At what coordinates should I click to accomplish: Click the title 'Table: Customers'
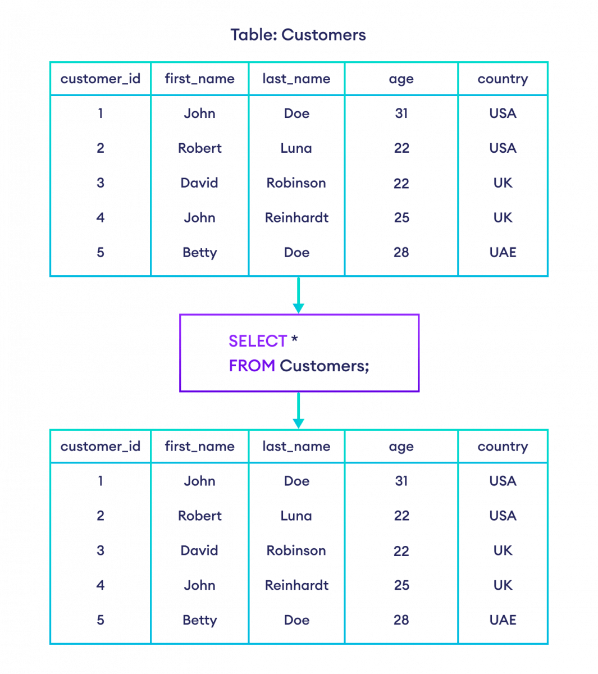coord(298,35)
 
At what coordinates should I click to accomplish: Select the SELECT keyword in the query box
coord(258,341)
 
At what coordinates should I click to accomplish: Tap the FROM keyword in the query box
coord(252,366)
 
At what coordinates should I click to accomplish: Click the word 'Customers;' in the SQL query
coord(325,366)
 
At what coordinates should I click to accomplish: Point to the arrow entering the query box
coord(299,295)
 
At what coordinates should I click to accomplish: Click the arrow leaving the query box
coord(299,411)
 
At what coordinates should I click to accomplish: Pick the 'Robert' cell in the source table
coord(200,148)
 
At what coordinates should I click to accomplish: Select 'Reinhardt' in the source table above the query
coord(296,217)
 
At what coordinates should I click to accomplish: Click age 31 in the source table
coord(401,113)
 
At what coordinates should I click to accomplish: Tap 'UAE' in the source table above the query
coord(503,252)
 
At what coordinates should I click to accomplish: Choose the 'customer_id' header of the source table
coord(101,79)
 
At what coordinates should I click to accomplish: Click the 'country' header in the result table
coord(503,447)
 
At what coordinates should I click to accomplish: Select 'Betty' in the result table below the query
coord(200,620)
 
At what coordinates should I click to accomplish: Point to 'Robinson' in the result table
coord(296,550)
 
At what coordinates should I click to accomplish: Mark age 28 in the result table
coord(401,620)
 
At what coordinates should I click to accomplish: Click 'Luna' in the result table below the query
coord(296,516)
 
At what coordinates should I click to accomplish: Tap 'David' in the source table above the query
coord(200,183)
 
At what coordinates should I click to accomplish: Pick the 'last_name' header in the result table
coord(296,447)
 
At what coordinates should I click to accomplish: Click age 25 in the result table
coord(401,585)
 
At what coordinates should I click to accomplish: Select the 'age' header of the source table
coord(401,79)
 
